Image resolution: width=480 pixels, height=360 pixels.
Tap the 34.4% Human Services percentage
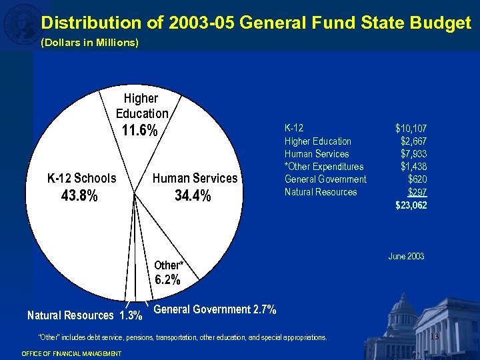193,196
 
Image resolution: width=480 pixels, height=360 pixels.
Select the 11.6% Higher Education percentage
139,131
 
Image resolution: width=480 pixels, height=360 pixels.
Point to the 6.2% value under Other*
167,280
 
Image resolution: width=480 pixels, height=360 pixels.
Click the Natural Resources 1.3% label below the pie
84,315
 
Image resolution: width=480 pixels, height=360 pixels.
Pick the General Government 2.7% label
215,309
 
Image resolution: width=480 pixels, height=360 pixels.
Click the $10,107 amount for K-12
411,128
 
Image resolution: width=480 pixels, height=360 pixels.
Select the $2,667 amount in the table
414,141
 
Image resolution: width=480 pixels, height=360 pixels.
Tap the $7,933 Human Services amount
414,153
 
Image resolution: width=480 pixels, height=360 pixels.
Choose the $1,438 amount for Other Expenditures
414,166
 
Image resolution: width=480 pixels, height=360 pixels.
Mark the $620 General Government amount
417,179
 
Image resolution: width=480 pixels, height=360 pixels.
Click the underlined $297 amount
417,192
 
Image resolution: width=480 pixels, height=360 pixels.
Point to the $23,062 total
411,205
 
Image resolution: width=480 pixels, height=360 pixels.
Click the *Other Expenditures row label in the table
324,166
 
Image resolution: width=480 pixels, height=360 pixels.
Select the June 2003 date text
406,256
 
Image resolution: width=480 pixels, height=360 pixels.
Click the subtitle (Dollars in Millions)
90,43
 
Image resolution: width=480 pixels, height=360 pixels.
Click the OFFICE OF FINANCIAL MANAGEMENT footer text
71,353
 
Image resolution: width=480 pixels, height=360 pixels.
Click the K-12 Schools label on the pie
81,178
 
